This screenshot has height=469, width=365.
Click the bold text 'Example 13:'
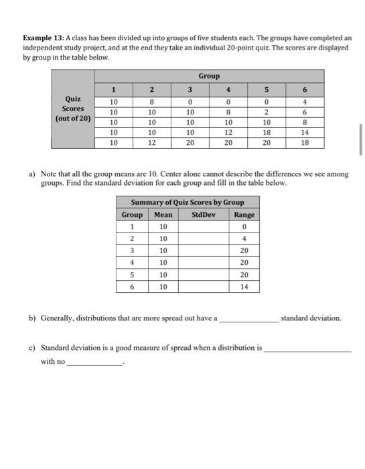click(43, 38)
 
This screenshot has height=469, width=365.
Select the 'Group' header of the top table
click(208, 76)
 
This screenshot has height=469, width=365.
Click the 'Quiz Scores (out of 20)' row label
click(73, 109)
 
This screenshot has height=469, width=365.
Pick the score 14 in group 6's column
click(305, 133)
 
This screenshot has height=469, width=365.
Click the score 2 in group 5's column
click(266, 113)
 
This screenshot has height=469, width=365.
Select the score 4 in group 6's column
click(305, 102)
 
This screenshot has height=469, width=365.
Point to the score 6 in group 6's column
click(305, 113)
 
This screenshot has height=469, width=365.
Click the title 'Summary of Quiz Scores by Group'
click(187, 202)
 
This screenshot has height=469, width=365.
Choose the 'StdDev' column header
click(203, 215)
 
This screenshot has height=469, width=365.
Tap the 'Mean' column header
click(163, 215)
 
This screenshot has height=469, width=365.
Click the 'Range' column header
click(244, 215)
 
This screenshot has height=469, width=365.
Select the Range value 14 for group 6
click(244, 287)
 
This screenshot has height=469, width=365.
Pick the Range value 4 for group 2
click(244, 239)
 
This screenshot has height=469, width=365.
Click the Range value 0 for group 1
click(244, 227)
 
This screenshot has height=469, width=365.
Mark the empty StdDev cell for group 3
click(203, 251)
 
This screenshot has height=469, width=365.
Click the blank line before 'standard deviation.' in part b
click(248, 320)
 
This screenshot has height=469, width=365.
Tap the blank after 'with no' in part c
click(94, 364)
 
